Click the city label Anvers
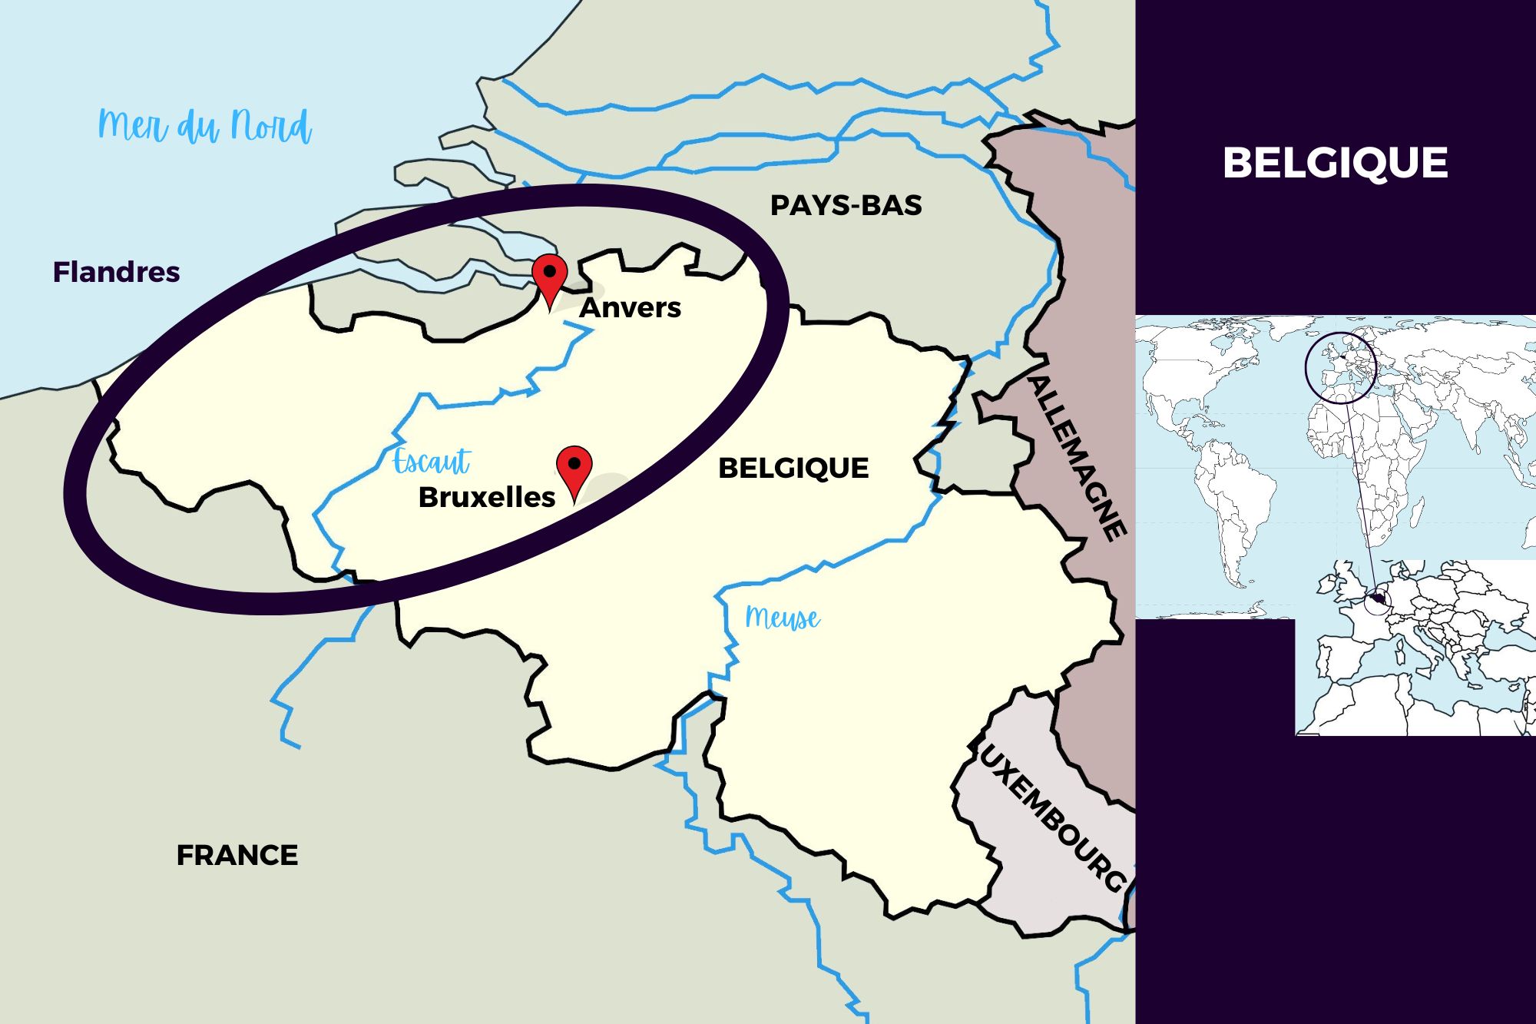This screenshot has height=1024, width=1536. click(x=630, y=307)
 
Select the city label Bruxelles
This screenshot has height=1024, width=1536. click(x=486, y=497)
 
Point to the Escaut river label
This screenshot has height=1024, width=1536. click(x=431, y=462)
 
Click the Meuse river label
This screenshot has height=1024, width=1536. click(x=782, y=618)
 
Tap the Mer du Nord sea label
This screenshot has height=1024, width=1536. click(x=205, y=127)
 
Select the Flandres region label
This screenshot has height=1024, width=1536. click(x=116, y=272)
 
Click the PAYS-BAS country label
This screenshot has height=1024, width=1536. click(x=846, y=205)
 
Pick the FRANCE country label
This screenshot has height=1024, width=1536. click(x=237, y=855)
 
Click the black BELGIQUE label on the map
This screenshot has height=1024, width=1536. click(x=793, y=468)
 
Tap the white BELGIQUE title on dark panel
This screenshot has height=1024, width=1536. click(x=1335, y=163)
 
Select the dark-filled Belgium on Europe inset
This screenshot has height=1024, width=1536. click(x=1378, y=598)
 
